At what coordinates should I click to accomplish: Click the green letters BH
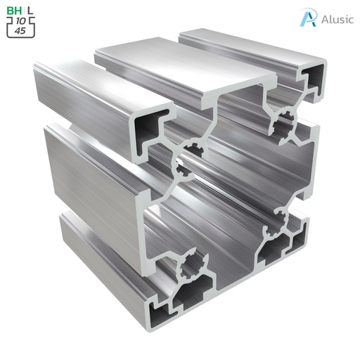coord(13,11)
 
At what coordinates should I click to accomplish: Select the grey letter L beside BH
coord(30,11)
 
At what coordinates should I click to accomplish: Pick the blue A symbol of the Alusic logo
coord(307,18)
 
